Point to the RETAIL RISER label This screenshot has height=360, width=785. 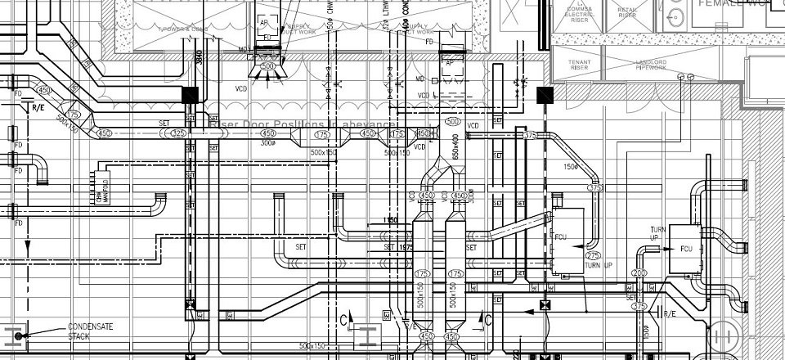pyautogui.click(x=627, y=11)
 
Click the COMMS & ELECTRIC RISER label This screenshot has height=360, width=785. pyautogui.click(x=579, y=11)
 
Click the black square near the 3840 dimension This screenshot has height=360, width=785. pyautogui.click(x=190, y=94)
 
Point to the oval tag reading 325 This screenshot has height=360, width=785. pyautogui.click(x=179, y=133)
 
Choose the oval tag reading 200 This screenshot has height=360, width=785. pyautogui.click(x=639, y=273)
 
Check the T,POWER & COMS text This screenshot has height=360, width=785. pyautogui.click(x=186, y=29)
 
